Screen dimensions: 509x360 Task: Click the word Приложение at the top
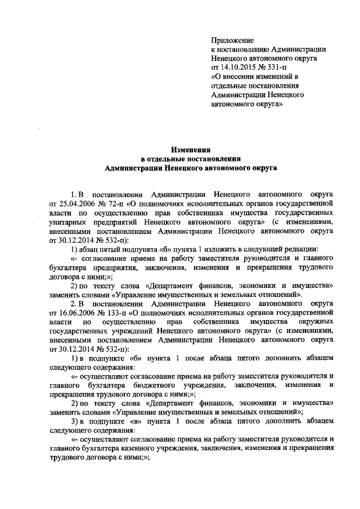pos(232,40)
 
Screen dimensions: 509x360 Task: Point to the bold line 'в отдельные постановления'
pos(191,158)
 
